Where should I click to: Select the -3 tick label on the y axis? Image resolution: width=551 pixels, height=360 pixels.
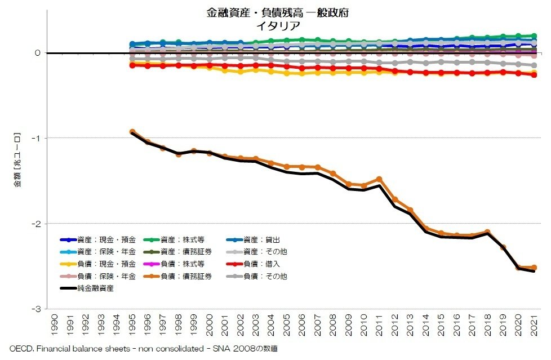(x=37, y=309)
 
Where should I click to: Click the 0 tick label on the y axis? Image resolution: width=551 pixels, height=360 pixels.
(x=38, y=53)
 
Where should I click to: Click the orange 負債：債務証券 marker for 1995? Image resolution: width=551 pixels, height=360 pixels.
(x=132, y=132)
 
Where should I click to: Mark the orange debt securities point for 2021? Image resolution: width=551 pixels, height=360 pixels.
(x=534, y=268)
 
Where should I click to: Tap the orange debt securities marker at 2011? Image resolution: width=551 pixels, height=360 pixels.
(x=379, y=179)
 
